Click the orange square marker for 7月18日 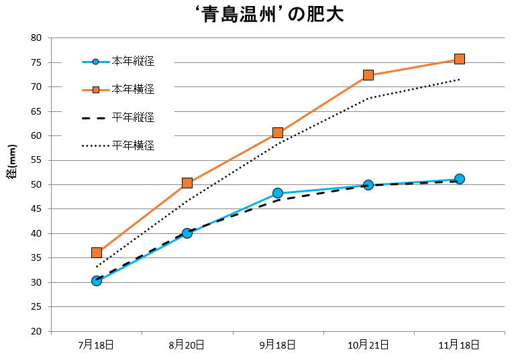pyautogui.click(x=97, y=253)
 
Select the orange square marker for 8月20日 pyautogui.click(x=187, y=183)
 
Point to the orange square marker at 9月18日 pyautogui.click(x=278, y=133)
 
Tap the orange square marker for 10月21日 pyautogui.click(x=368, y=75)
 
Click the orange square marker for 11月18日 pyautogui.click(x=460, y=59)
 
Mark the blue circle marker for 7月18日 pyautogui.click(x=97, y=281)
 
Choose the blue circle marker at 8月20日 pyautogui.click(x=187, y=233)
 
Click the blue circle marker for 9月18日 pyautogui.click(x=278, y=193)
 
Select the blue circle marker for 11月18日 pyautogui.click(x=460, y=179)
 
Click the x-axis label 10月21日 pyautogui.click(x=368, y=345)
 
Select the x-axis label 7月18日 pyautogui.click(x=96, y=345)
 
